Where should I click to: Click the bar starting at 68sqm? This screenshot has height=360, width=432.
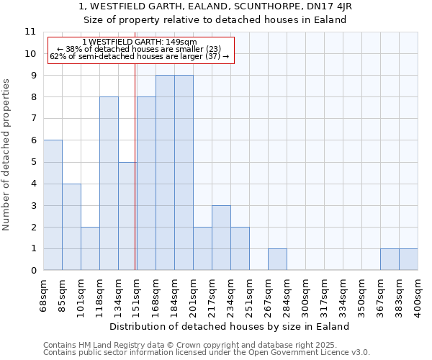tap(53, 205)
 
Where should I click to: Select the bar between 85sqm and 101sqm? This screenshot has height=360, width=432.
tap(71, 227)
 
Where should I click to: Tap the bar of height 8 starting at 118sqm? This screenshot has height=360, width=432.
tap(109, 184)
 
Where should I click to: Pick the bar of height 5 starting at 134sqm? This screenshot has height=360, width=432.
tap(127, 216)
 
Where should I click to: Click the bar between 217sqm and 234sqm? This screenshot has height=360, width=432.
tap(221, 238)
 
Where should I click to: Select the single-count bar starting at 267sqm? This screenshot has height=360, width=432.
tap(277, 259)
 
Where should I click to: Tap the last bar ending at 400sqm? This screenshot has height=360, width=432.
tap(408, 259)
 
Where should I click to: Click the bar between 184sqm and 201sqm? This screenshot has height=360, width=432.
tap(184, 173)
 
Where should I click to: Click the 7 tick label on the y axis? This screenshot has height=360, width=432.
tap(32, 119)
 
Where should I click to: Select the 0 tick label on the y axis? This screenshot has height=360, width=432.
tap(32, 271)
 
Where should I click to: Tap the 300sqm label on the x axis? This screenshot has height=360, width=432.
tap(306, 295)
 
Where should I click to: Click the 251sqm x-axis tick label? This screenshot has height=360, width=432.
tap(250, 295)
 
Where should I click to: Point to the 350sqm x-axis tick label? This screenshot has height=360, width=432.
tap(362, 295)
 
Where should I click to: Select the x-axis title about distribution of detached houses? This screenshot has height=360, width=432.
tap(230, 326)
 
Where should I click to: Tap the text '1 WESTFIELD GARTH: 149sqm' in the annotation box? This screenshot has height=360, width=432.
tap(140, 42)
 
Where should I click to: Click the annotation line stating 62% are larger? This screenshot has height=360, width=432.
tap(140, 56)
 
